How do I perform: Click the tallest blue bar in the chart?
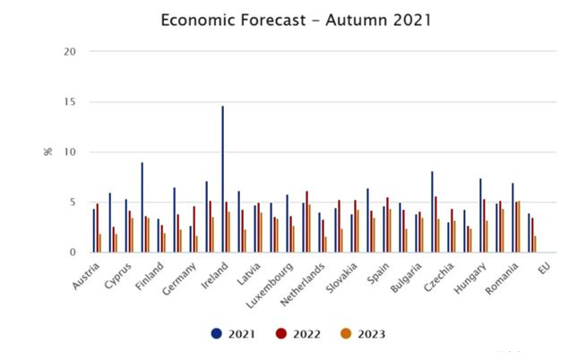click(223, 179)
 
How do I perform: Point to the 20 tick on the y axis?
click(71, 52)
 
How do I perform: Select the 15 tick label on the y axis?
click(71, 102)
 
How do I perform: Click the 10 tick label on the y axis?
click(71, 152)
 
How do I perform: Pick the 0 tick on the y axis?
click(74, 253)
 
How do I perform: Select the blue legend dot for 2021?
click(216, 334)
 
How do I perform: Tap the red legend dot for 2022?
click(281, 334)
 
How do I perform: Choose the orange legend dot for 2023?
click(346, 334)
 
